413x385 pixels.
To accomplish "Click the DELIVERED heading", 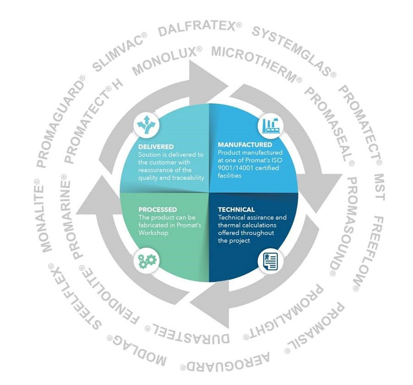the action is tap(156, 147).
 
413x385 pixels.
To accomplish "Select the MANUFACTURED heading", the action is tap(245, 144).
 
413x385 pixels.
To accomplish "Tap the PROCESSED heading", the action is tap(158, 209).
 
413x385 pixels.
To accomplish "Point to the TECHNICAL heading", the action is tap(236, 209).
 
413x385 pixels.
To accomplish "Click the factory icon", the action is tap(271, 125).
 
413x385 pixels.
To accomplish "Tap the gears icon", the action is tap(147, 261).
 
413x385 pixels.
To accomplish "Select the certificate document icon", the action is tap(271, 261).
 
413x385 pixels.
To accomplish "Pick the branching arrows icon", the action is tap(147, 124).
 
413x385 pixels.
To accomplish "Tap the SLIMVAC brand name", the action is tap(120, 52).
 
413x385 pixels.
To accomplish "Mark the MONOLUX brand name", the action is tap(167, 60).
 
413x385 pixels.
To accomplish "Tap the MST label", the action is tap(380, 187).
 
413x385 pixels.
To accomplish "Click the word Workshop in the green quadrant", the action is tap(153, 233).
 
